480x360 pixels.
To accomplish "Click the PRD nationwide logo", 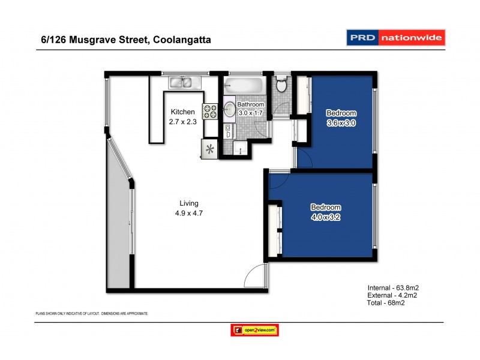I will (396, 38).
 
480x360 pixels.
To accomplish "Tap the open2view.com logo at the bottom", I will (255, 330).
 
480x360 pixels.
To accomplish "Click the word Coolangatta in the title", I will (182, 40).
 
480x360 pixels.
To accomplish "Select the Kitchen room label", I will (183, 112).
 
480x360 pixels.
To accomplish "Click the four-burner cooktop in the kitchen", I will (211, 111).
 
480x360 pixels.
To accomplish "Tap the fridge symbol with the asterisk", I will (209, 149).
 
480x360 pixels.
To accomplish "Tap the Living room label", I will (189, 203).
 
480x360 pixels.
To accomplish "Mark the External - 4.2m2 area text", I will (393, 295).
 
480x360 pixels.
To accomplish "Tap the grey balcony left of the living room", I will (119, 228).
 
